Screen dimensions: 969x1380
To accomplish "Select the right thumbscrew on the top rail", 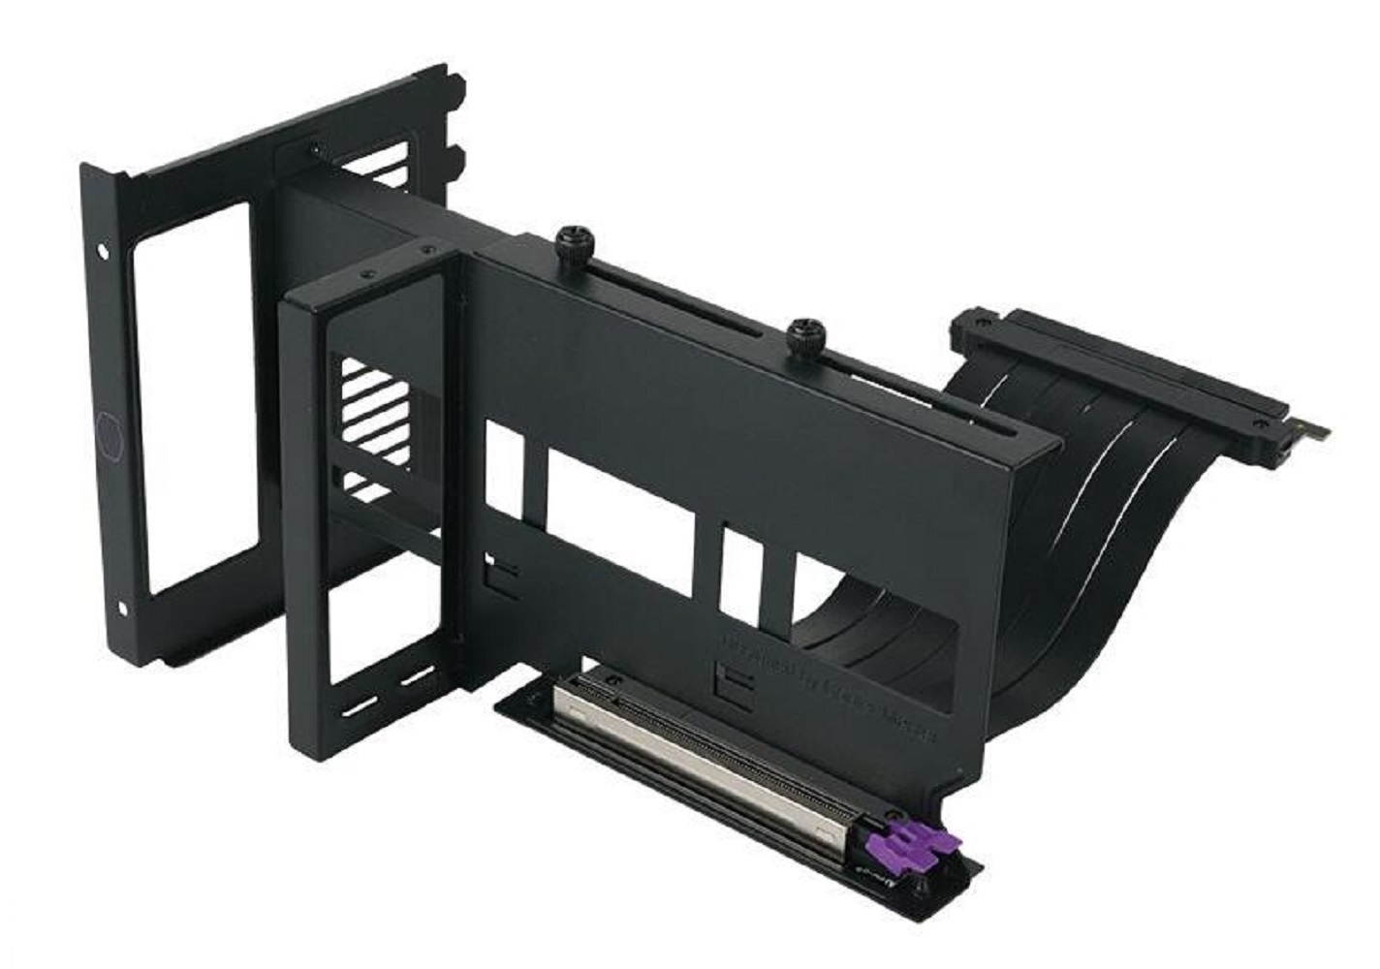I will (803, 333).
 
